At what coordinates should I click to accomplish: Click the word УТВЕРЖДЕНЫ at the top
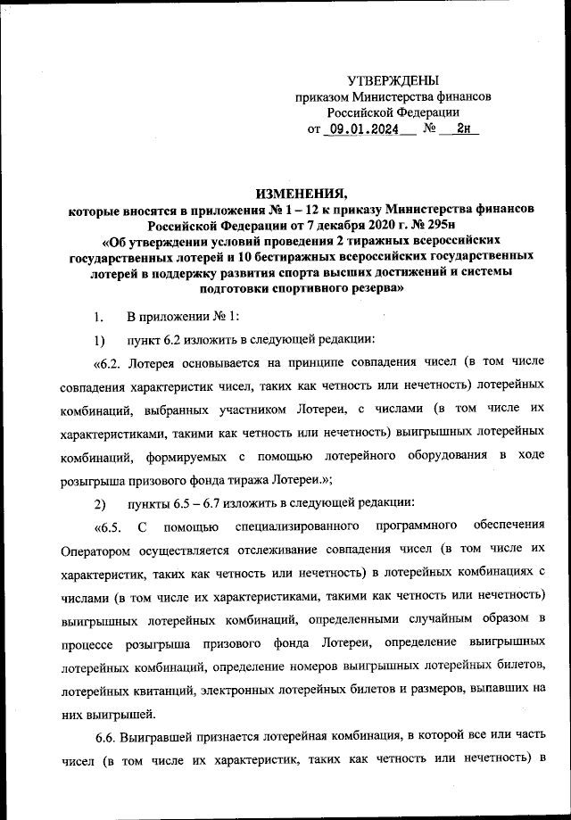tap(393, 80)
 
